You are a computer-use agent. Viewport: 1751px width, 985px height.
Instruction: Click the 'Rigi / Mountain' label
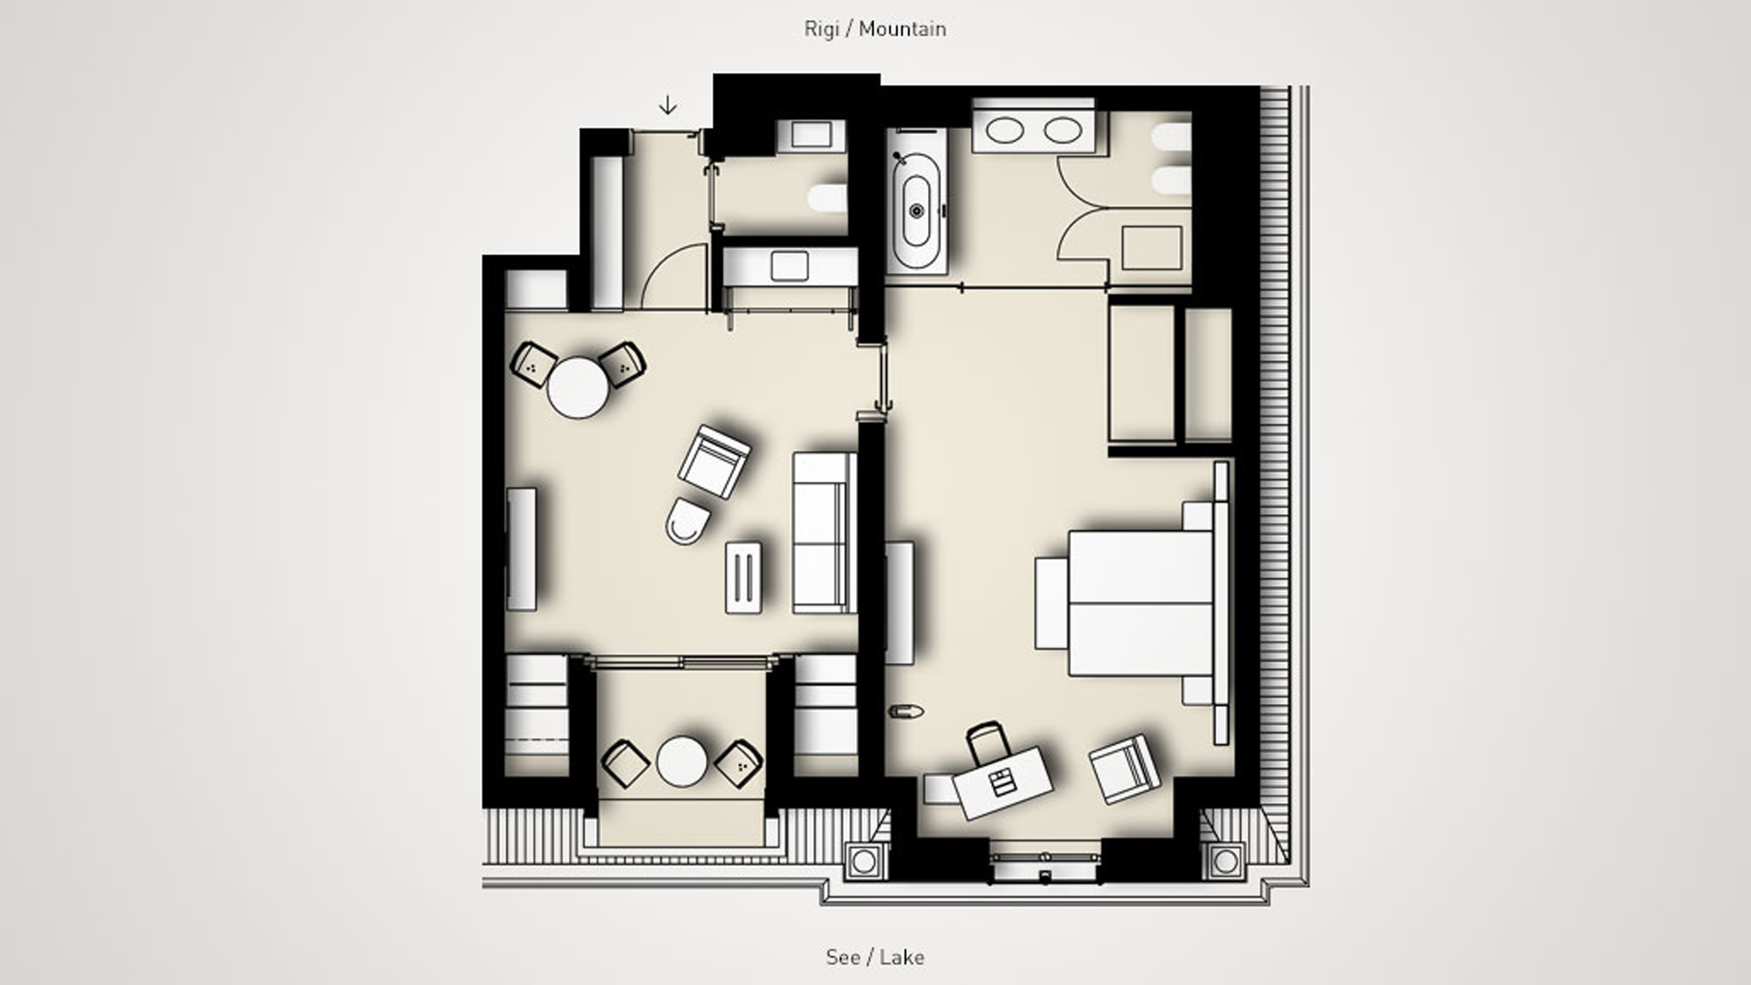point(875,29)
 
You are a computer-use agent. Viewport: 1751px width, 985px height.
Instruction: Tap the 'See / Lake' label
point(875,957)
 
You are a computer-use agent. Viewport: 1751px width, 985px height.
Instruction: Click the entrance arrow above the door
point(667,106)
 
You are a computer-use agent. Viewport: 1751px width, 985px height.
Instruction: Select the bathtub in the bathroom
point(917,210)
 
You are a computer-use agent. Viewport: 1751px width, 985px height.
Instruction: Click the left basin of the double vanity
point(1004,131)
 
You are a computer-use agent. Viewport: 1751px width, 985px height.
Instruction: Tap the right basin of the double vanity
point(1063,131)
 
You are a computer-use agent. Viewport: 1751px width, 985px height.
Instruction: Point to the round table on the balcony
point(681,762)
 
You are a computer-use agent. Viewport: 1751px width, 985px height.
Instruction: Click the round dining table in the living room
point(578,388)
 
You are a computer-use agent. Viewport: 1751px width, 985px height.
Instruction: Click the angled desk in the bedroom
point(1002,783)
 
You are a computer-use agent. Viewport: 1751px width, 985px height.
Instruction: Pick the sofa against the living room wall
point(824,533)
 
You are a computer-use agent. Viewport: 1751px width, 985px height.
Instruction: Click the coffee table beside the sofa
point(744,577)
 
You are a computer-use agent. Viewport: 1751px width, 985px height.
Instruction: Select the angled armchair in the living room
point(714,462)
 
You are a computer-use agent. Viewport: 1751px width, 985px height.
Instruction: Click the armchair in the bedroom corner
point(1124,769)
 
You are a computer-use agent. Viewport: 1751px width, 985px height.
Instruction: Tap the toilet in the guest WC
point(826,198)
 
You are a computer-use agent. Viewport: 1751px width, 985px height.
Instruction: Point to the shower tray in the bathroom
point(1151,248)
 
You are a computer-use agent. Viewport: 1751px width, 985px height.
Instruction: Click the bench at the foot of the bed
point(1051,602)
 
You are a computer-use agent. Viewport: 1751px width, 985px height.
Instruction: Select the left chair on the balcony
point(625,764)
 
